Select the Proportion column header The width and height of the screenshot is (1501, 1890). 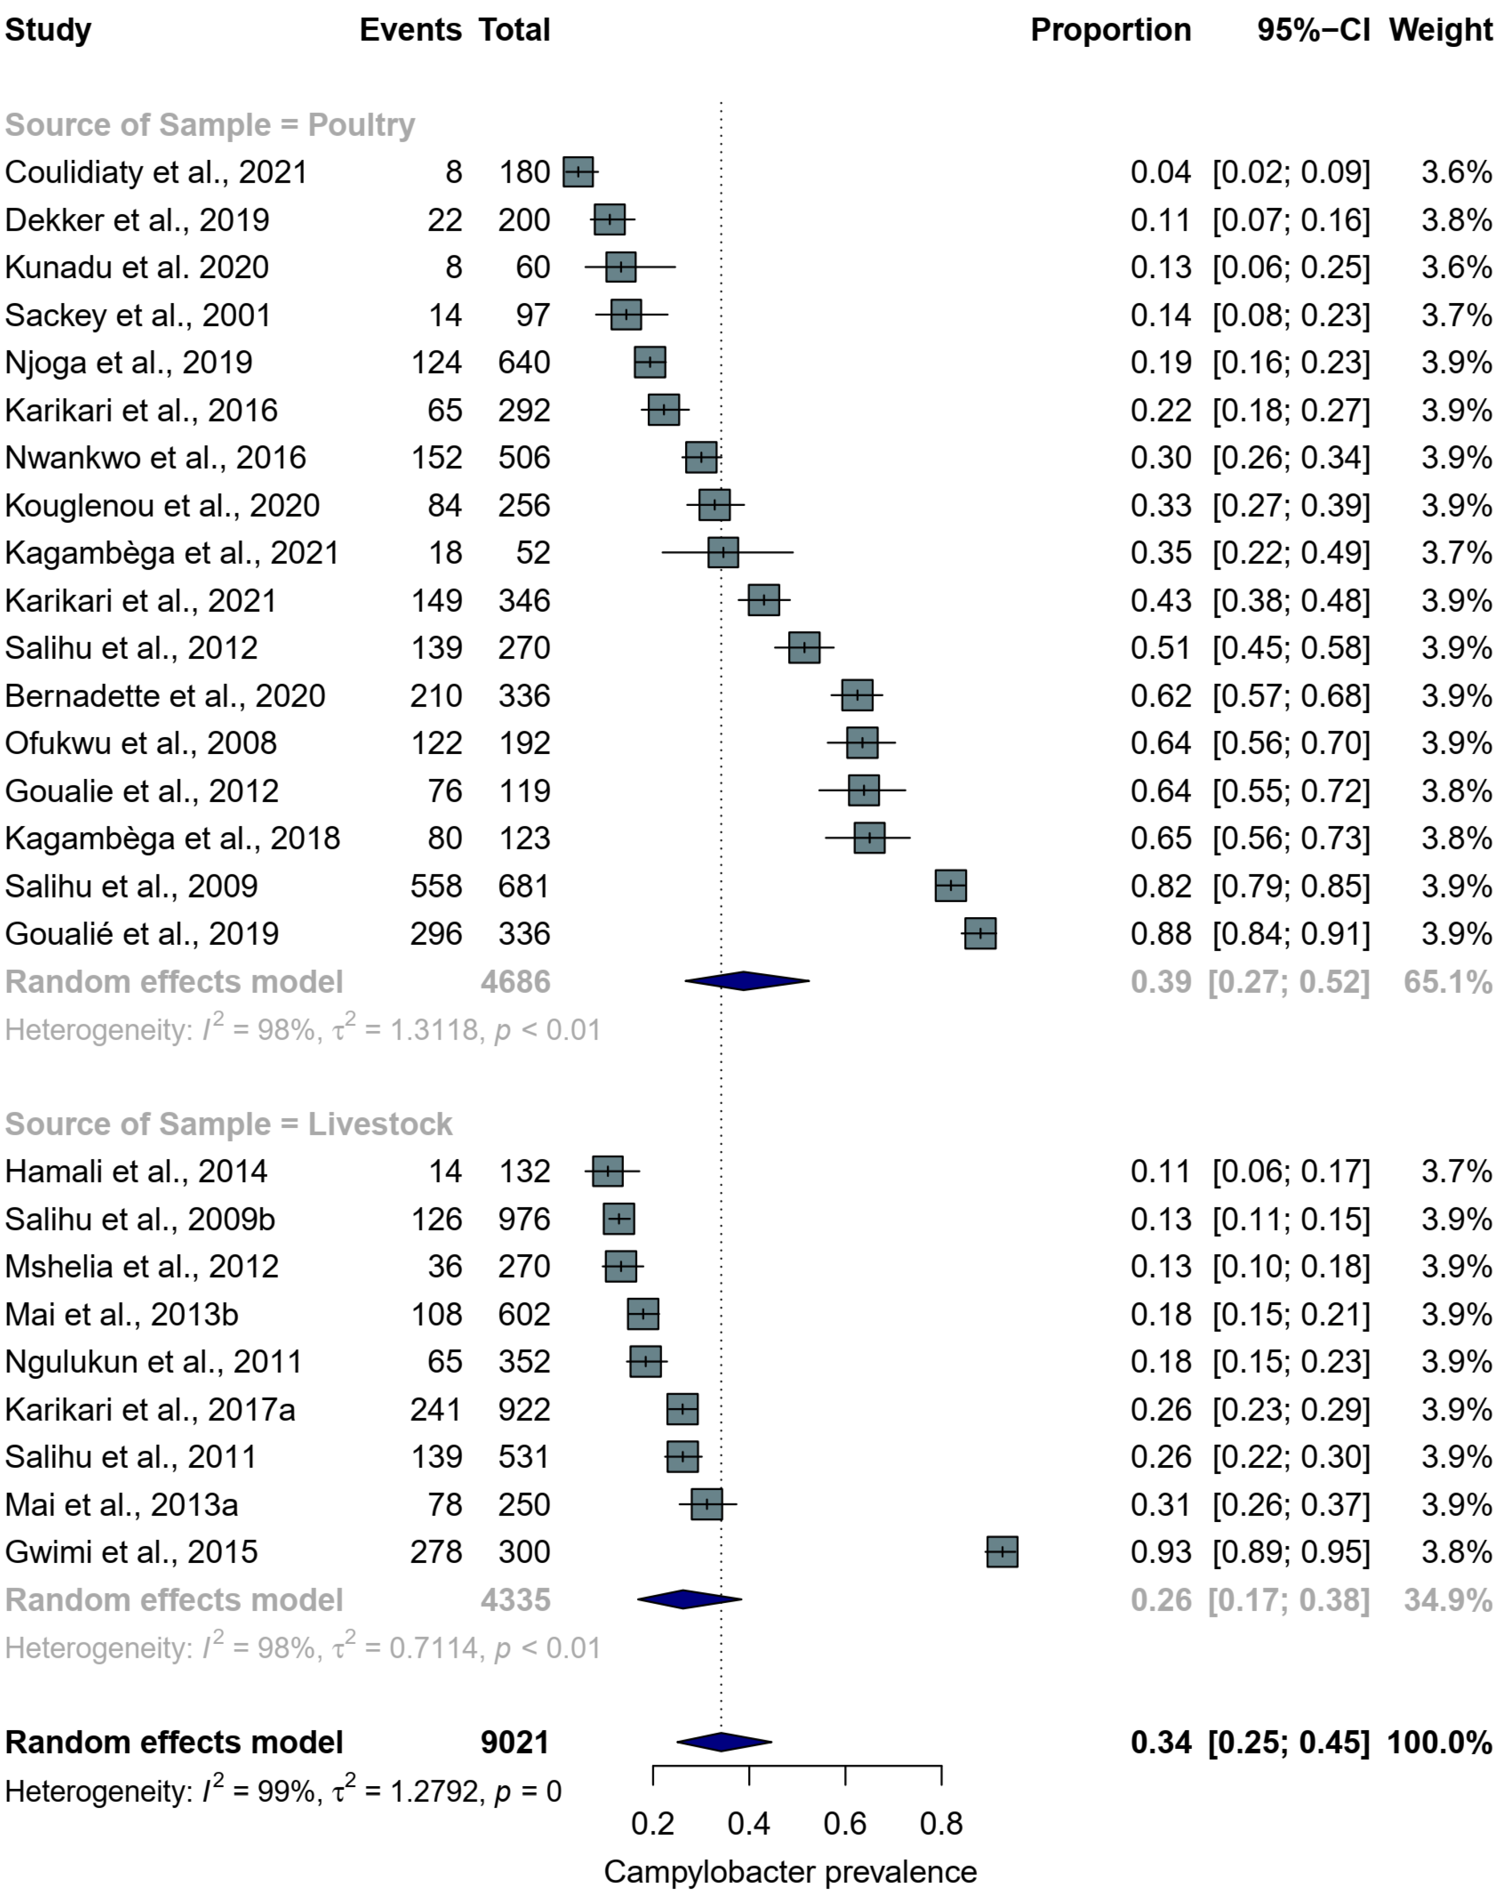(x=1110, y=30)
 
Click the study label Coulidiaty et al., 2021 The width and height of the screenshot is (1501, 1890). (x=156, y=172)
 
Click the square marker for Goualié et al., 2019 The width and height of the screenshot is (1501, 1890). (x=980, y=934)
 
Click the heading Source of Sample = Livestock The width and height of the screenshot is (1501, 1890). (x=228, y=1124)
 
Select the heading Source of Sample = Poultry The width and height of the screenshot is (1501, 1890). (x=210, y=125)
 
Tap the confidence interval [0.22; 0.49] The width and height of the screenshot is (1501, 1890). (x=1291, y=553)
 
